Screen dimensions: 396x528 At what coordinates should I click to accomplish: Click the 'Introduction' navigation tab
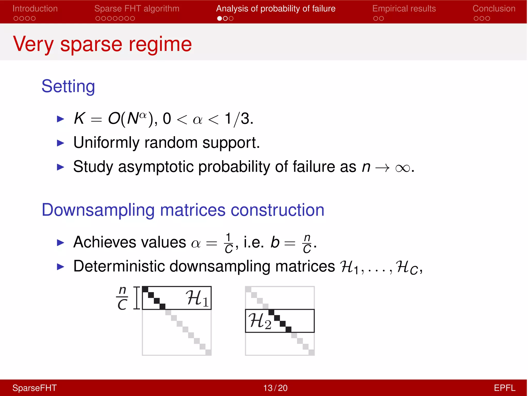tap(35, 9)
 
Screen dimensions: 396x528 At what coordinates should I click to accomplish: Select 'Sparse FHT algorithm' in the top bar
tap(137, 9)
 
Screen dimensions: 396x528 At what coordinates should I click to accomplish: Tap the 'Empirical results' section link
tap(404, 9)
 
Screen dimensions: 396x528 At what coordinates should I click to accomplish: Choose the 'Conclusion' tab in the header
tap(494, 9)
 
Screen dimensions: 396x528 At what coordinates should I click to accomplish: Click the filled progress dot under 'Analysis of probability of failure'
tap(219, 19)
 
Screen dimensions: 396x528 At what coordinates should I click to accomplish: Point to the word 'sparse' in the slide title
tap(91, 44)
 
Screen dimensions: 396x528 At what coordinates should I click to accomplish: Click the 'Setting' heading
tap(68, 86)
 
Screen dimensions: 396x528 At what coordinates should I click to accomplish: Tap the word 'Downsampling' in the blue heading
tap(98, 210)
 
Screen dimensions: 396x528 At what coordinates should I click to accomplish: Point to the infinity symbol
tap(402, 168)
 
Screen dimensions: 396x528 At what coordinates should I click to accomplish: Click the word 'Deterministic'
tap(119, 266)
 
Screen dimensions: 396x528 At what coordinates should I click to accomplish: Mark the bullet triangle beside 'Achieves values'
tap(60, 243)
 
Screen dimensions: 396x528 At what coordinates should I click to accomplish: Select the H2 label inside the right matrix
tap(260, 321)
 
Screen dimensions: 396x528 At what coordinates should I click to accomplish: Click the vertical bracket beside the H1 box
tap(137, 298)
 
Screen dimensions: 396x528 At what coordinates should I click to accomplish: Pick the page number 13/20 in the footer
tap(275, 388)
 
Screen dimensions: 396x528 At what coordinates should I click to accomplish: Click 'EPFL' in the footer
tap(504, 388)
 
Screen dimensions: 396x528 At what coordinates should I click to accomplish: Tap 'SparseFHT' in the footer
tap(35, 388)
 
